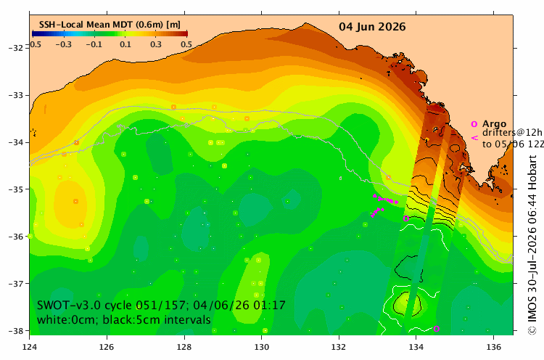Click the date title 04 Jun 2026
tap(372, 27)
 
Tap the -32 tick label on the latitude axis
tap(16, 48)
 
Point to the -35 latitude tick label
tap(16, 189)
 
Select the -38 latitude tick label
tap(16, 330)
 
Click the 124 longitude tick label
tap(30, 347)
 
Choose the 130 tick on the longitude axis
tap(262, 347)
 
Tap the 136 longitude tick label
tap(494, 347)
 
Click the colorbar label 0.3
tap(156, 44)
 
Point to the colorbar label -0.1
tap(94, 44)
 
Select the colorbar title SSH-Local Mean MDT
tap(86, 25)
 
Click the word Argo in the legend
tap(495, 123)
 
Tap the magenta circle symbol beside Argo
tap(474, 124)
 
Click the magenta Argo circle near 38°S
tap(437, 329)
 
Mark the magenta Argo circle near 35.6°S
tap(406, 218)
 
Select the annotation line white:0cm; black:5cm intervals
tap(124, 319)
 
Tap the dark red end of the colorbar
tap(185, 33)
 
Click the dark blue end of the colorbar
tap(35, 33)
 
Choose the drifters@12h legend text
tap(512, 133)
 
